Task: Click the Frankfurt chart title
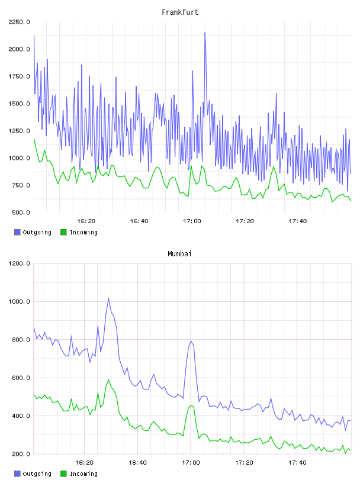(180, 12)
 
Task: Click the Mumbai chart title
(179, 253)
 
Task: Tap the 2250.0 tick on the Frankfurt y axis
(19, 22)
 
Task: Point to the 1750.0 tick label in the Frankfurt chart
(19, 76)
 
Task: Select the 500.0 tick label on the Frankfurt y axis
(21, 212)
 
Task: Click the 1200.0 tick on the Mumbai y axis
(19, 263)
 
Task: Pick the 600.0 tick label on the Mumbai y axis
(21, 378)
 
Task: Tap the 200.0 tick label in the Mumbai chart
(21, 454)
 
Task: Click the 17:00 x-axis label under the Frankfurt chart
(192, 221)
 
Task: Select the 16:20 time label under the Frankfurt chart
(86, 221)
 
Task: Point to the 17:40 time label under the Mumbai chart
(297, 463)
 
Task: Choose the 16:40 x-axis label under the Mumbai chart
(138, 463)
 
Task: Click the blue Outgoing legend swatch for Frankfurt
(17, 232)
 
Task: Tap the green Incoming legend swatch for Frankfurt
(63, 232)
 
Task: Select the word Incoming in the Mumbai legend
(83, 474)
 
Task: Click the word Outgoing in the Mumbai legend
(37, 474)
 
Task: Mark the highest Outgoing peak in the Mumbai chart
(108, 298)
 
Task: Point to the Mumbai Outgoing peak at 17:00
(191, 341)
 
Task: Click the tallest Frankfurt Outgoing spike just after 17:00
(205, 33)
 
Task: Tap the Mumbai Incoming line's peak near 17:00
(191, 405)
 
